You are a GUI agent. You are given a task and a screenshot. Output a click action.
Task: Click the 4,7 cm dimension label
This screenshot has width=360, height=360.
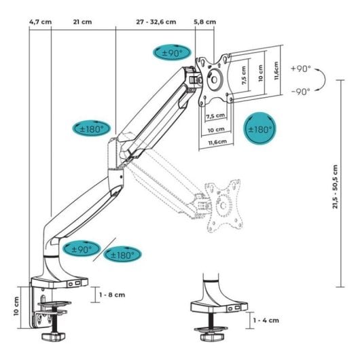click(x=40, y=21)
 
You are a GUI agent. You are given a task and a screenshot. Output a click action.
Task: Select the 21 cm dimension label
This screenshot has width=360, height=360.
click(x=82, y=21)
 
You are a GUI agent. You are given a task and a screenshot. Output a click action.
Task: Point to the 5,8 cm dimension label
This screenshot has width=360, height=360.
click(x=204, y=21)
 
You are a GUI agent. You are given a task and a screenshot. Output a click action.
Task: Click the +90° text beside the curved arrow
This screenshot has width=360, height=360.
click(x=300, y=69)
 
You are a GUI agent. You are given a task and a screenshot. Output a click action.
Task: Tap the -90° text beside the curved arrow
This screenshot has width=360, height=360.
click(x=300, y=91)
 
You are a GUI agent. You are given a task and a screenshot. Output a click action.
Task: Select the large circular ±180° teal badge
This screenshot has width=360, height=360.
click(x=259, y=128)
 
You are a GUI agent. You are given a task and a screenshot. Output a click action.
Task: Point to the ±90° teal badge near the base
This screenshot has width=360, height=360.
click(x=82, y=248)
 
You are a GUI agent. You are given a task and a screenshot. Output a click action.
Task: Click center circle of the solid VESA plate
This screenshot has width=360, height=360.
click(x=215, y=77)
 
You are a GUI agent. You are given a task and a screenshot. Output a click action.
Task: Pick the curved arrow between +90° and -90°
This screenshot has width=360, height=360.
click(x=331, y=80)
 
